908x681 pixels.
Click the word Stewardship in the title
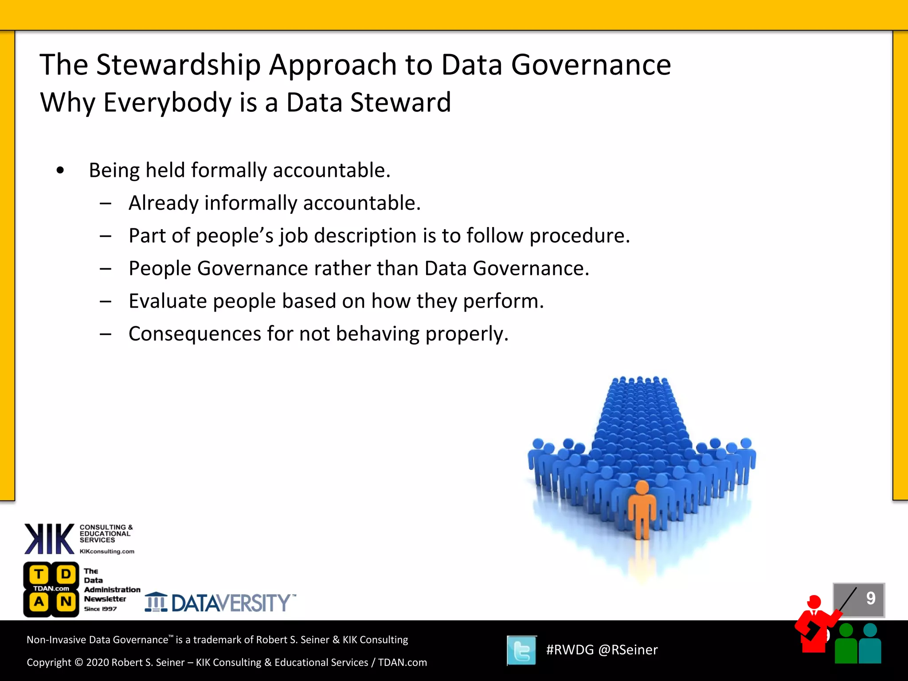tap(178, 65)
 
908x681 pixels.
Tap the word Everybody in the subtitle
tap(168, 102)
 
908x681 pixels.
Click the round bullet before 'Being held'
tap(60, 170)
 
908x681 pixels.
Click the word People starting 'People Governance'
tap(160, 269)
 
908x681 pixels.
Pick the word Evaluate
tap(168, 301)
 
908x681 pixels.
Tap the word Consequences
tap(195, 334)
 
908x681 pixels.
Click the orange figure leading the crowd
tap(642, 510)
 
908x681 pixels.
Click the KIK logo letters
tap(49, 539)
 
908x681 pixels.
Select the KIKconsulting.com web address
tap(107, 552)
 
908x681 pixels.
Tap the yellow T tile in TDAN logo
tap(39, 574)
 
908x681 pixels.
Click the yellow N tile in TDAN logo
tap(66, 602)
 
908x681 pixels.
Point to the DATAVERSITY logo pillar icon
tap(156, 603)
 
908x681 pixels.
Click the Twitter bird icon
tap(522, 650)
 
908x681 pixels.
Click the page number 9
tap(870, 599)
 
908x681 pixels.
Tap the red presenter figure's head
tap(814, 602)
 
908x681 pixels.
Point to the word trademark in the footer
tap(217, 640)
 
